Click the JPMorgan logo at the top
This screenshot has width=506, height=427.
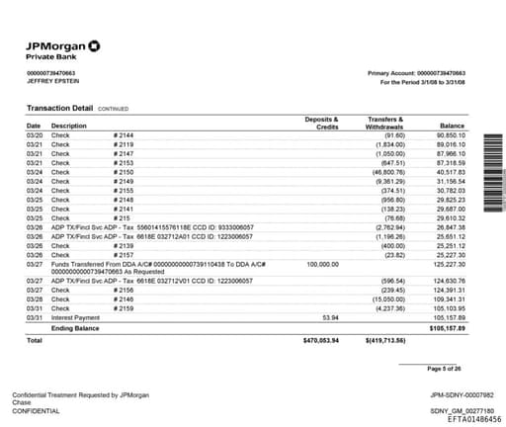tap(62, 46)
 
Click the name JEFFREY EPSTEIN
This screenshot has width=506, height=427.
tap(50, 82)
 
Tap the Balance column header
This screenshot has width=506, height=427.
tap(451, 127)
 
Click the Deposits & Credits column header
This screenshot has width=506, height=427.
tap(321, 123)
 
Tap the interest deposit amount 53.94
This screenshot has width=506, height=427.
tap(331, 317)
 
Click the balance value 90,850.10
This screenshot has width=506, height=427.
tap(450, 135)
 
